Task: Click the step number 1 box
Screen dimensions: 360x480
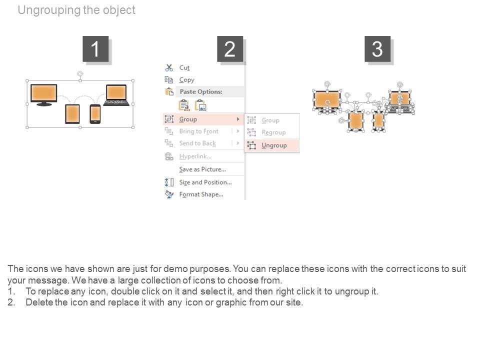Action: coord(95,49)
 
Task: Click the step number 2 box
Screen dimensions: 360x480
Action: coord(229,49)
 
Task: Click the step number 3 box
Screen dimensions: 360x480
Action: coord(377,49)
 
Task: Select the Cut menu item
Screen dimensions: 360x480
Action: coord(184,67)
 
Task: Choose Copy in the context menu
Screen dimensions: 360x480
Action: coord(186,79)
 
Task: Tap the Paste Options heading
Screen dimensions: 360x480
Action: coord(200,91)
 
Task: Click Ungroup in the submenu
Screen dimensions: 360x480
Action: coord(274,145)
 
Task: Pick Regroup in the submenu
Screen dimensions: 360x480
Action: coord(273,132)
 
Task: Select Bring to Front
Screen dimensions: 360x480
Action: coord(198,131)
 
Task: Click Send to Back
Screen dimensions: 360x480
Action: coord(197,143)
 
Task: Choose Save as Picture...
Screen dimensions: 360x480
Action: coord(202,169)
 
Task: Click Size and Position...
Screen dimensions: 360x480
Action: coord(205,182)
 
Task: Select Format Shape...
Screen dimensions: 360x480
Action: coord(201,194)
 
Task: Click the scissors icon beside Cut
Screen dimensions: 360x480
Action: coord(169,67)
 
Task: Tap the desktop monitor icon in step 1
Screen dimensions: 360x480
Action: coord(43,94)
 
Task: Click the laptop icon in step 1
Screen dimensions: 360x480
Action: coord(116,95)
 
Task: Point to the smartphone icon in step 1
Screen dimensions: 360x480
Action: coord(95,114)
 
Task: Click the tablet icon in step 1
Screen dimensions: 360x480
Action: coord(72,113)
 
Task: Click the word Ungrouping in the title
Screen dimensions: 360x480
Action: coord(48,10)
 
